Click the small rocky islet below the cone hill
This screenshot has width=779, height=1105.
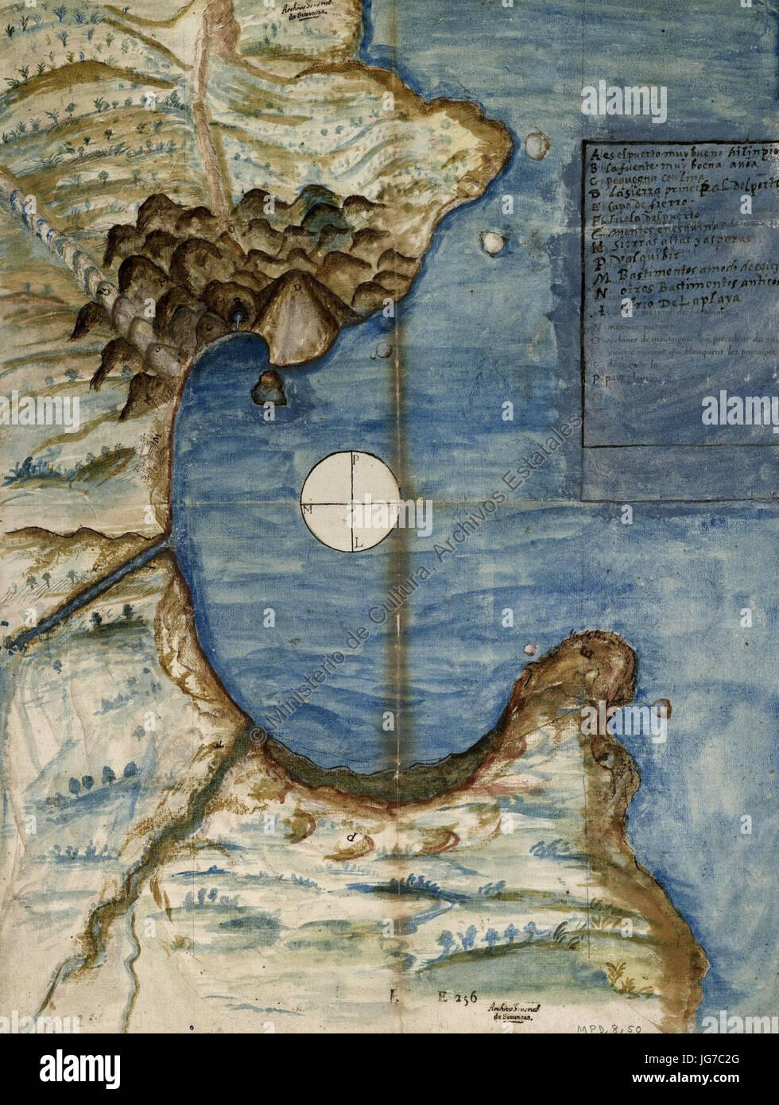click(268, 387)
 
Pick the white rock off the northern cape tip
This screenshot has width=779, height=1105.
click(535, 144)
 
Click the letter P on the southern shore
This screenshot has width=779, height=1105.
click(351, 838)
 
